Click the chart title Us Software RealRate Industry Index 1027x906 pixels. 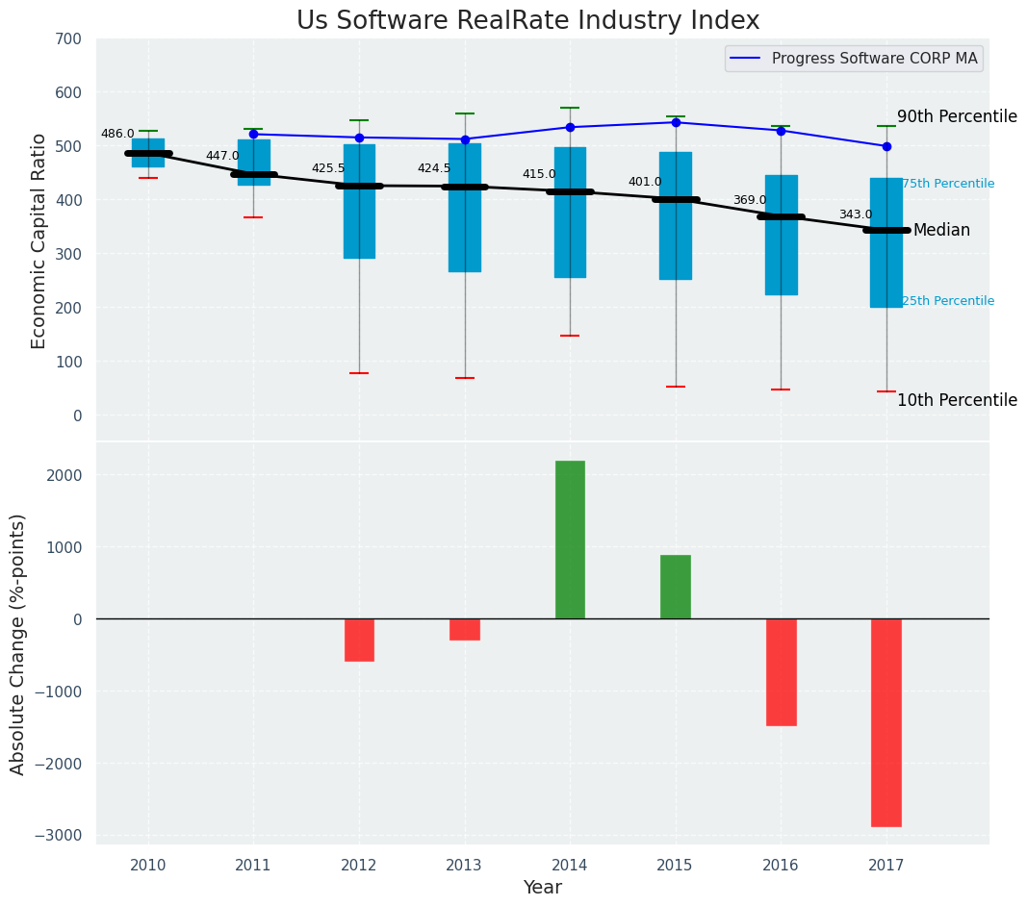(x=527, y=21)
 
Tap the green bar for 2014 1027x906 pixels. (x=570, y=540)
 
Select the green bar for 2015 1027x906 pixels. (x=676, y=587)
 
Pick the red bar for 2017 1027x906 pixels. (x=886, y=722)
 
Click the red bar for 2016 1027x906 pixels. (x=781, y=672)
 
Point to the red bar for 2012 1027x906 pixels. (x=359, y=640)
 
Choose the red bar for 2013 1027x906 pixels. (x=465, y=629)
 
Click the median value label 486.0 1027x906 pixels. (x=117, y=135)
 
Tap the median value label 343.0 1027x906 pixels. (x=856, y=215)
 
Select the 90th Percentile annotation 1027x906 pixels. (x=957, y=117)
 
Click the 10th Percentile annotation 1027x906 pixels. (x=957, y=401)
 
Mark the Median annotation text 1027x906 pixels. (x=941, y=231)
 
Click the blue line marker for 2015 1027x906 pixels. (x=676, y=122)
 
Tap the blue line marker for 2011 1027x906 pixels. (x=253, y=135)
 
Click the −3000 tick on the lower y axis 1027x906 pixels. (x=61, y=835)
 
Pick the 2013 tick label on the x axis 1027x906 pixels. (x=464, y=866)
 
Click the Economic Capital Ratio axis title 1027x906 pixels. (x=39, y=240)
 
